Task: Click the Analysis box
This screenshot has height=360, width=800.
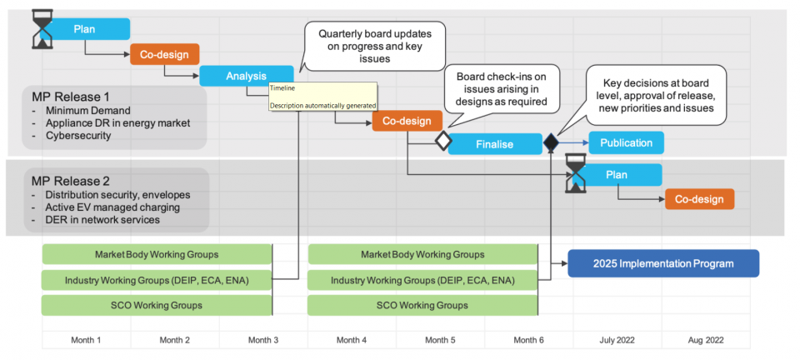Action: click(246, 76)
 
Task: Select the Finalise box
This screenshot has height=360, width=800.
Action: click(495, 143)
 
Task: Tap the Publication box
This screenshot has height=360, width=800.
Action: click(626, 142)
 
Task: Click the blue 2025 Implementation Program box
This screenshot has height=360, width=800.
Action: click(663, 263)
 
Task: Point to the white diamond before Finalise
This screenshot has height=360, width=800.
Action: click(442, 142)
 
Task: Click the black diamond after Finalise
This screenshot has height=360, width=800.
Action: click(552, 142)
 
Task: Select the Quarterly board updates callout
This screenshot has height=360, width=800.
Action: click(375, 45)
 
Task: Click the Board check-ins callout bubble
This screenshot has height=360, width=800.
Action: click(500, 89)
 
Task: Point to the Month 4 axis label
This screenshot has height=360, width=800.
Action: click(352, 340)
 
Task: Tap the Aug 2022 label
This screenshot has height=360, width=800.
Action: click(706, 340)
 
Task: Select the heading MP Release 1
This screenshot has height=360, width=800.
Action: click(70, 96)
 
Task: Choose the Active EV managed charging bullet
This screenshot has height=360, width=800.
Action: click(101, 207)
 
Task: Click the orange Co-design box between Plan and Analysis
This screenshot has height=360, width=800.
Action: click(164, 54)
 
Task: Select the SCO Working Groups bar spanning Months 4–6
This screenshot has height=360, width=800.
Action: click(422, 305)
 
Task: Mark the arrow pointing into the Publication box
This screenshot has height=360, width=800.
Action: click(575, 142)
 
